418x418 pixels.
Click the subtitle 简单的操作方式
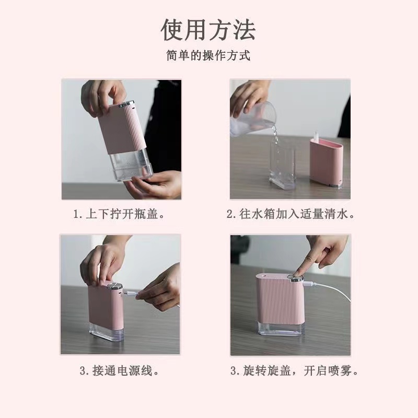point(208,56)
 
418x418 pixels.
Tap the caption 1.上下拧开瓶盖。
point(121,214)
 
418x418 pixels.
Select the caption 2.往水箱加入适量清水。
point(291,214)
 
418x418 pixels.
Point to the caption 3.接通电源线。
point(120,371)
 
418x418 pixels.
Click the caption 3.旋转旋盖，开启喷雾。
point(295,371)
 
